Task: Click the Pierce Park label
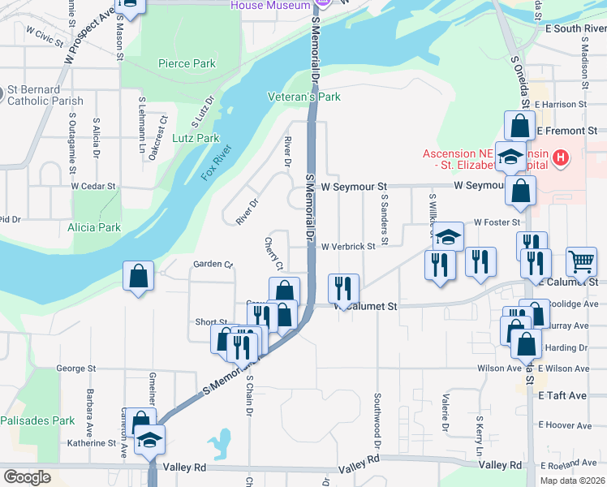(x=187, y=63)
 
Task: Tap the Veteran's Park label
(x=304, y=97)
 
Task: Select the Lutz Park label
(x=196, y=138)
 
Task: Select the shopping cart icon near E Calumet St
(x=581, y=261)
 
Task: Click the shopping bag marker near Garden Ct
(x=139, y=275)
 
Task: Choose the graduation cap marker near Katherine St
(x=149, y=439)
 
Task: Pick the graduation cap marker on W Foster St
(x=447, y=236)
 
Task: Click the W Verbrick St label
(x=348, y=246)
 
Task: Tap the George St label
(x=75, y=368)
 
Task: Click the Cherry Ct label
(x=272, y=254)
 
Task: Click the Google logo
(x=27, y=477)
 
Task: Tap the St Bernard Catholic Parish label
(x=45, y=95)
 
